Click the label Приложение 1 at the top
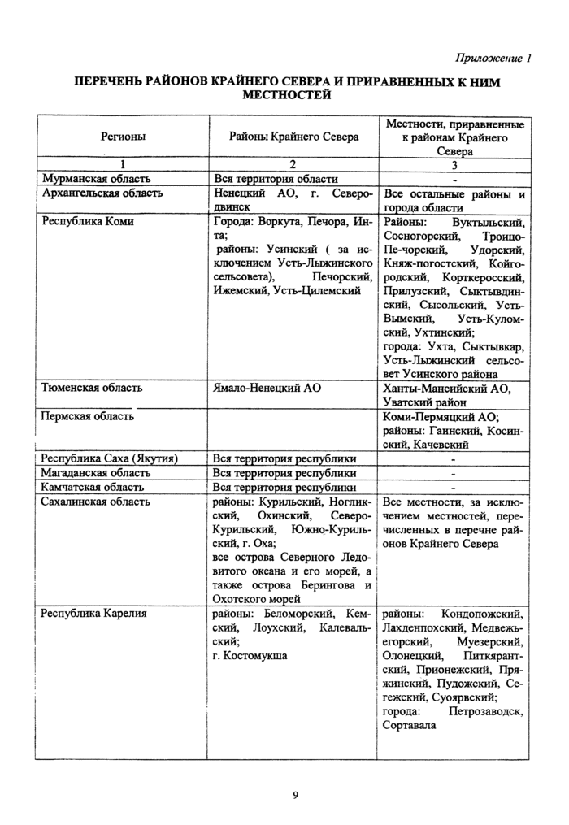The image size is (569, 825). (x=494, y=59)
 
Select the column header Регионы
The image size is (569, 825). (x=123, y=137)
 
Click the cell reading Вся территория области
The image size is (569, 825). (x=276, y=178)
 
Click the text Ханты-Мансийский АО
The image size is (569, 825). (x=446, y=389)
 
